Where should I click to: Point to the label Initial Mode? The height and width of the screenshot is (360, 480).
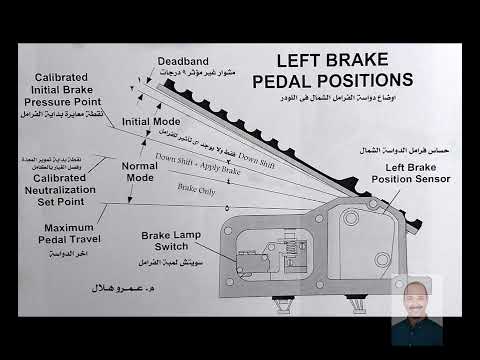coord(150,121)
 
